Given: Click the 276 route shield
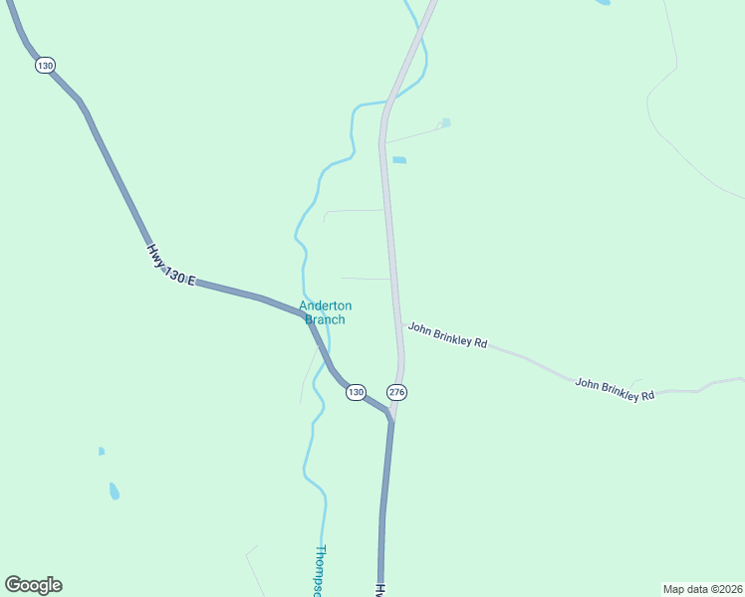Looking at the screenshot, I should tap(397, 392).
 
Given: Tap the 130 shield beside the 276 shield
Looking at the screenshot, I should tap(356, 392).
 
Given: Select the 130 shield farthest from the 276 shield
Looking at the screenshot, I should tap(45, 65).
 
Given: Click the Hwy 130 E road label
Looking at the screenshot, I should tap(171, 266).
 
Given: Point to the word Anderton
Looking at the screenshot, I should tap(326, 306).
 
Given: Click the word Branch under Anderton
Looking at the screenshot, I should tap(325, 319).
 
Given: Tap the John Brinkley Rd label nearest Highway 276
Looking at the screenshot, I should tap(447, 334).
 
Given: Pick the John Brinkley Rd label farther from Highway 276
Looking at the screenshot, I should tap(615, 388).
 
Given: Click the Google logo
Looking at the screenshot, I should tap(33, 585).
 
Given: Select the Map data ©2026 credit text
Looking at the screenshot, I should tap(701, 589).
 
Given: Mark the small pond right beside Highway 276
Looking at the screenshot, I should tap(399, 159).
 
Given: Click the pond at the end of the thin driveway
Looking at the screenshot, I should tap(445, 122).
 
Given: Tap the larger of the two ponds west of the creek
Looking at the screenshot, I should tap(115, 491).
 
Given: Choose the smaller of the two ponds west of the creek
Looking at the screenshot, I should tap(102, 451).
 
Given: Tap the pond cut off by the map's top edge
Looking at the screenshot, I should tap(603, 2).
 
